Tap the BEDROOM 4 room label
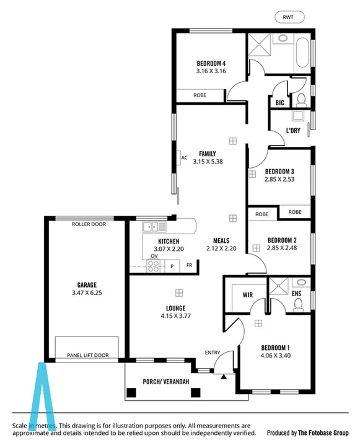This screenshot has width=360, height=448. [211, 63]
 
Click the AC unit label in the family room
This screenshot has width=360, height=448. [184, 157]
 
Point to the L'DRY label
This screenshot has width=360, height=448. [293, 130]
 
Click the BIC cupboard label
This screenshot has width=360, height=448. [279, 102]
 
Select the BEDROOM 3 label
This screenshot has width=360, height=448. [279, 171]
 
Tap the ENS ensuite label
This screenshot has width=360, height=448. [297, 294]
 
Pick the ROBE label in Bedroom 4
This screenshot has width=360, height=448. [200, 95]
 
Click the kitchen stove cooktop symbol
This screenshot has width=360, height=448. [152, 266]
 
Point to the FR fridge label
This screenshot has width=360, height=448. [189, 265]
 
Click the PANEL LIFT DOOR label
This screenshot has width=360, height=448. [87, 356]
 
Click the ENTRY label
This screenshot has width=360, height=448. [213, 353]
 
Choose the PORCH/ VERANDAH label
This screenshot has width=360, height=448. [165, 381]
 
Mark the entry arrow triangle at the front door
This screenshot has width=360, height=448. [222, 375]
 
